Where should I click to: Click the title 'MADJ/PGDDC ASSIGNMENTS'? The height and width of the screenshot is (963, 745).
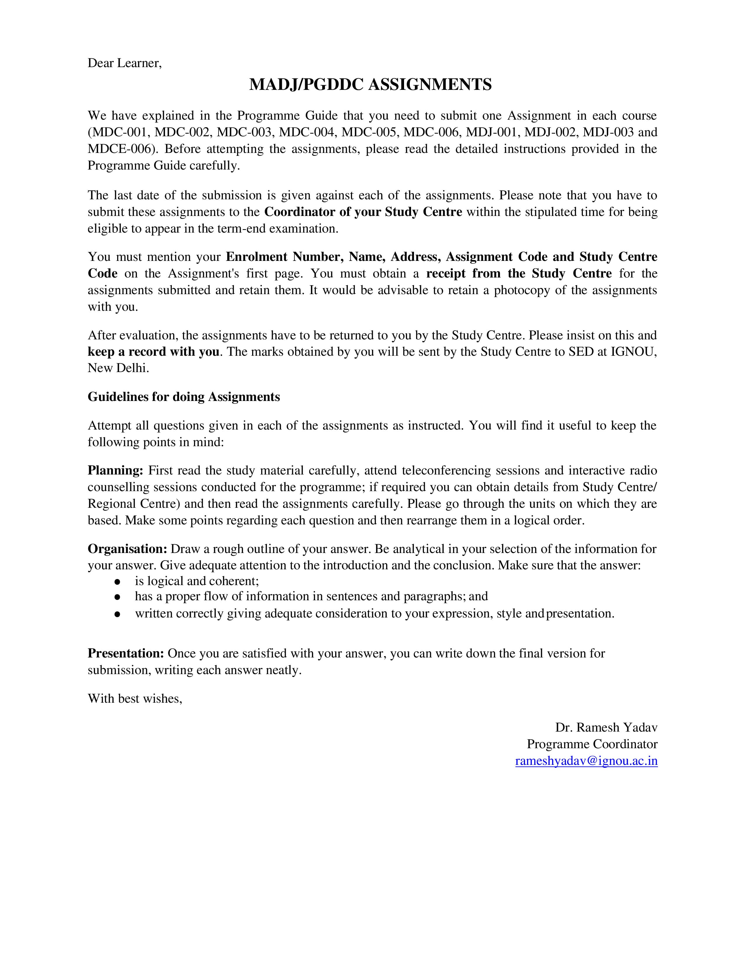[x=370, y=84]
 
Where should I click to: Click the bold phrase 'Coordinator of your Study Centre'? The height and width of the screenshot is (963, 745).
[x=363, y=212]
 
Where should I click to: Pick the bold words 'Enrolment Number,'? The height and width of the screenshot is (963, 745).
[x=285, y=257]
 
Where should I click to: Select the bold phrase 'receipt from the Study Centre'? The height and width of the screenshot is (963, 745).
[x=519, y=273]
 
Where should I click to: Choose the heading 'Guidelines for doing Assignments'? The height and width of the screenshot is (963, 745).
[x=183, y=397]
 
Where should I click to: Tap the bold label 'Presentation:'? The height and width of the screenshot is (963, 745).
[x=126, y=653]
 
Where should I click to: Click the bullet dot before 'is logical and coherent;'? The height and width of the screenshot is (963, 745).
[x=117, y=582]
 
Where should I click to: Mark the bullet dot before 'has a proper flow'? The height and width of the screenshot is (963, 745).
[x=117, y=597]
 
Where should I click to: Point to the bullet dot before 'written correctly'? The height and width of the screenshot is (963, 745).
[x=117, y=614]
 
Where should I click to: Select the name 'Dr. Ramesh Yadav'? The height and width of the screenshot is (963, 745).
[x=606, y=728]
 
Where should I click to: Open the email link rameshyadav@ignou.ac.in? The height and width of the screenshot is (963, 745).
[x=586, y=761]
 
